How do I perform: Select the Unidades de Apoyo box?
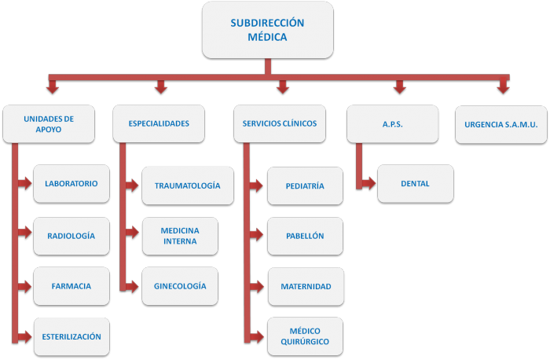click(x=49, y=124)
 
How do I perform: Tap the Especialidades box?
click(x=159, y=124)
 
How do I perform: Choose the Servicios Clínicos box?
click(x=280, y=124)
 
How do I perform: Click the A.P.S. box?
click(x=391, y=124)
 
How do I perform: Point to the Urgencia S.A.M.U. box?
click(x=500, y=124)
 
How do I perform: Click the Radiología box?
click(x=71, y=236)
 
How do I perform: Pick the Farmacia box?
click(x=71, y=286)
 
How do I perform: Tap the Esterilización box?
click(x=71, y=336)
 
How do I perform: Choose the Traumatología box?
click(x=188, y=186)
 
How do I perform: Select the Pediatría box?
click(x=305, y=186)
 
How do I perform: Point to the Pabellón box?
click(x=305, y=236)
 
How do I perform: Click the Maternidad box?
click(x=305, y=286)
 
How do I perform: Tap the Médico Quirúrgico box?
click(x=305, y=336)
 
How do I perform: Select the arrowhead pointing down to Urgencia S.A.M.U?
click(x=502, y=91)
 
